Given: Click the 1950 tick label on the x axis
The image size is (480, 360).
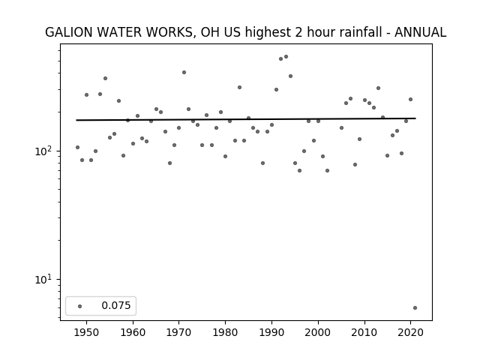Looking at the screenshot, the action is coord(87,332).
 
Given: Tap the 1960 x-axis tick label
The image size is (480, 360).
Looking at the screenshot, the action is coord(133,332).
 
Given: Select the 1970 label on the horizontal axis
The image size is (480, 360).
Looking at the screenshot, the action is coord(179,332).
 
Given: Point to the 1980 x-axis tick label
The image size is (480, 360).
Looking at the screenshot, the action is coord(225,332).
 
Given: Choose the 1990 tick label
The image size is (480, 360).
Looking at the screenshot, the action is coord(271,332).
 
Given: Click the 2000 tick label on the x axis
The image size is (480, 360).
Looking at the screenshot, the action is coord(318,332).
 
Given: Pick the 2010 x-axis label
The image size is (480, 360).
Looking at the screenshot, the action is coord(364,332).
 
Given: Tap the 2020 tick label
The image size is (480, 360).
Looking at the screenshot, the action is coord(410,332).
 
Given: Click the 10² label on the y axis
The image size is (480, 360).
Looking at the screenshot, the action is coord(45,151).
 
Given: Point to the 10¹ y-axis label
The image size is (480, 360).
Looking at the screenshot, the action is coord(45,279).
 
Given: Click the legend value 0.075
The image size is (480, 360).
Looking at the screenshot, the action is coord(116,305).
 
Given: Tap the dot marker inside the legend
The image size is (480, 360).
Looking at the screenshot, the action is coord(80,306).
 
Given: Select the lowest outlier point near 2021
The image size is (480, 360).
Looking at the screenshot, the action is coord(415,308).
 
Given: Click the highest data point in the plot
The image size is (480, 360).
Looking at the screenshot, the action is coord(286,57).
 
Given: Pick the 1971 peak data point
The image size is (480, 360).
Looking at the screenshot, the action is coord(184,73).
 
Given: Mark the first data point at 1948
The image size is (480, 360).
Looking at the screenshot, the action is coord(77,148).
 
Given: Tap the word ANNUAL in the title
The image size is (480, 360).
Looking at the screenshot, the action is coord(420,32).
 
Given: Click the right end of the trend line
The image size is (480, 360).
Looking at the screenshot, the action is coord(415,118).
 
